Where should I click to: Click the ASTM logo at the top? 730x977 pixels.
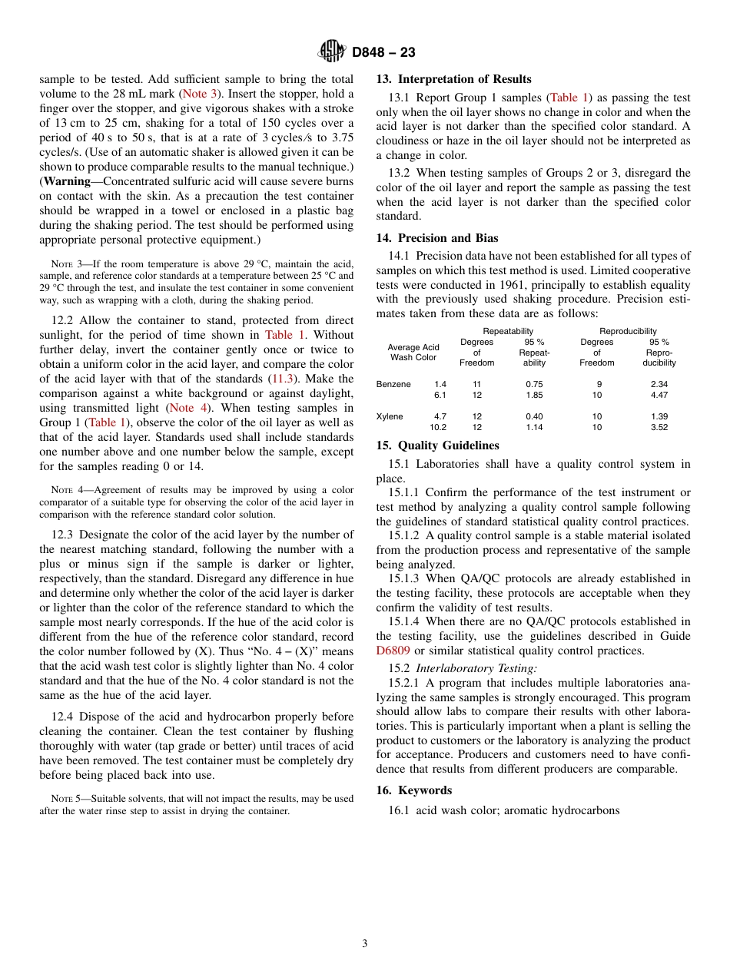(x=332, y=51)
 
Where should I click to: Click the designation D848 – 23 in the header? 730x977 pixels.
(x=383, y=52)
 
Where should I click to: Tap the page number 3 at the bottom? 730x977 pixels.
(x=365, y=943)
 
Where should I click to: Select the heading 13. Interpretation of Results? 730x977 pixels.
(x=453, y=79)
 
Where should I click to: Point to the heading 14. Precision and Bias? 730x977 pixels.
(x=436, y=238)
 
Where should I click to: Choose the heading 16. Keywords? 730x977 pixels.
(x=413, y=790)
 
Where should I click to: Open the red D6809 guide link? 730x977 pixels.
(x=393, y=651)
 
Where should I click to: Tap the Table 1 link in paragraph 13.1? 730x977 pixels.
(x=569, y=98)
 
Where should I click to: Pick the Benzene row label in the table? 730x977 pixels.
(x=393, y=384)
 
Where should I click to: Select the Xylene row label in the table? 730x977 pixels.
(x=390, y=416)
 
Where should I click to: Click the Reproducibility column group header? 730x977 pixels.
(x=628, y=331)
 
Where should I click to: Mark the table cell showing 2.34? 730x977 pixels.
(x=659, y=384)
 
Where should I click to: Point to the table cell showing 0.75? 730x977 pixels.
(x=533, y=384)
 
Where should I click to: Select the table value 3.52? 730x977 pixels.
(x=659, y=427)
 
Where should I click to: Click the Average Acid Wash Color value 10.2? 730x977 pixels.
(x=437, y=427)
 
